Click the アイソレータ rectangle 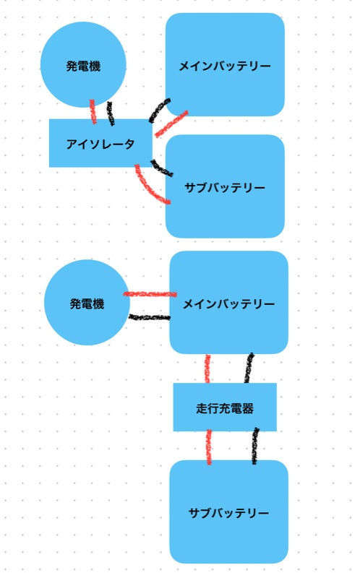tap(100, 143)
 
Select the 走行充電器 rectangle tap(225, 407)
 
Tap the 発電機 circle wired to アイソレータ tap(83, 65)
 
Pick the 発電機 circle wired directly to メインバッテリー tap(87, 303)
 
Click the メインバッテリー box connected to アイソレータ tap(225, 64)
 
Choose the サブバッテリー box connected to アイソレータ tap(225, 186)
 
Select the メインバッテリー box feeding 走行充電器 tap(228, 303)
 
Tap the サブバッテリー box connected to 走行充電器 tap(228, 512)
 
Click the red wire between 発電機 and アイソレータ tap(93, 112)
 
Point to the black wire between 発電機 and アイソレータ tap(111, 113)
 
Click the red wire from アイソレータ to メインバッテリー tap(171, 124)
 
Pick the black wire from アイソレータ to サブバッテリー tap(161, 168)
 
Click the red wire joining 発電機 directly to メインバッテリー tap(150, 294)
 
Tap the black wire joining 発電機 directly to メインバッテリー tap(150, 317)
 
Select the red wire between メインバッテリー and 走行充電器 tap(207, 368)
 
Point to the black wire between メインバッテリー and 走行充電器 tap(249, 368)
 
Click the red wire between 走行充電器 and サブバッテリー tap(209, 447)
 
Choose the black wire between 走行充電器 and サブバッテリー tap(254, 446)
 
